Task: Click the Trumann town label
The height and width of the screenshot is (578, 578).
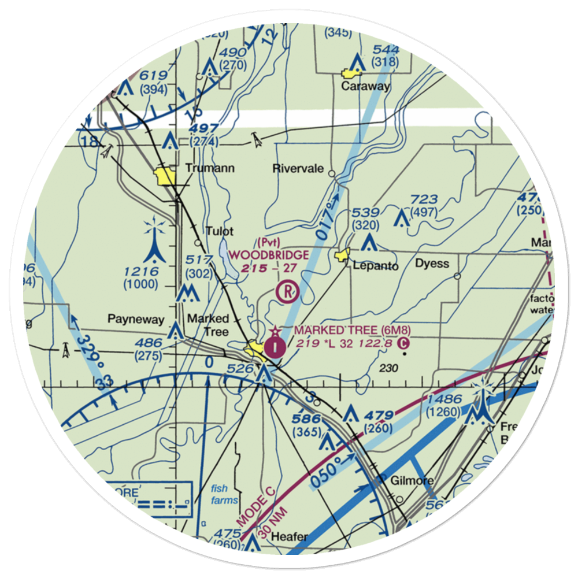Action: tap(202, 169)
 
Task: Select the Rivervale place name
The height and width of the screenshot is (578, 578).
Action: tap(298, 169)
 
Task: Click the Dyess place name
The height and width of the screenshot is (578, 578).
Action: tap(432, 264)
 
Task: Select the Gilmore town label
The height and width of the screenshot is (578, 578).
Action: tap(412, 481)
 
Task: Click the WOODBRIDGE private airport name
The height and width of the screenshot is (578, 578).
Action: tap(268, 254)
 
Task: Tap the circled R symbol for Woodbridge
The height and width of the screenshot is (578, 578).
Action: tap(287, 292)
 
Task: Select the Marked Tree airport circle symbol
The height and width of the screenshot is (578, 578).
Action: tap(275, 347)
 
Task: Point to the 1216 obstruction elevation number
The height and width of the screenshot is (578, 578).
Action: tap(140, 271)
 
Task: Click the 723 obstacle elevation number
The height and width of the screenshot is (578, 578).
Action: tap(424, 200)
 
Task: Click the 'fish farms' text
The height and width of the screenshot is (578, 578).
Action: tap(219, 494)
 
